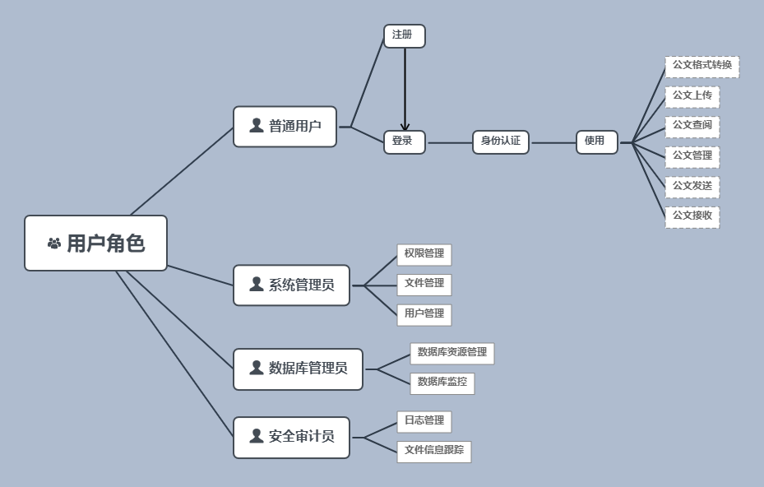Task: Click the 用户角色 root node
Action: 95,243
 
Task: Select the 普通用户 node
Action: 285,127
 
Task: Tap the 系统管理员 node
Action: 291,285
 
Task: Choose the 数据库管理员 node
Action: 298,369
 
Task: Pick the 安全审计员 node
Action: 291,438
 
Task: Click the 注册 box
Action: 404,36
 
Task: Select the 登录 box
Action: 404,142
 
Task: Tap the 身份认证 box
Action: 501,142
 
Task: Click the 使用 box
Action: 596,142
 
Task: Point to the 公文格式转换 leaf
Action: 701,67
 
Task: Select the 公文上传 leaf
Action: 692,97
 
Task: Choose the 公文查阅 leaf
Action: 692,127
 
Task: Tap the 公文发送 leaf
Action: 692,187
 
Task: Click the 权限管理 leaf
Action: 424,255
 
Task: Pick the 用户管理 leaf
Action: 424,314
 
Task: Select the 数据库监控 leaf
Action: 442,383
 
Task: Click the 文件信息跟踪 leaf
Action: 433,452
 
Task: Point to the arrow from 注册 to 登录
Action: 405,90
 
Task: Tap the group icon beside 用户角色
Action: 54,243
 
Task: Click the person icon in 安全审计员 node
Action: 257,436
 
